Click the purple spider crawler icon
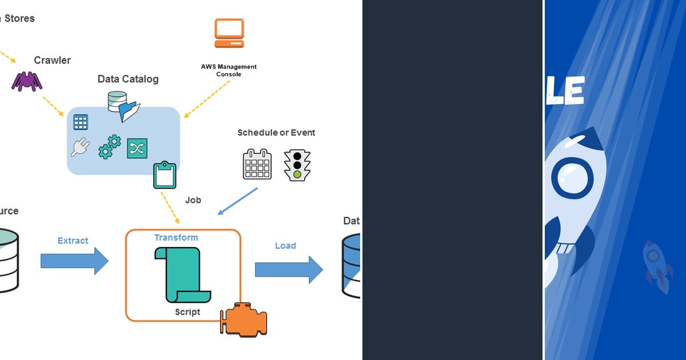[27, 81]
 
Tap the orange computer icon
[229, 33]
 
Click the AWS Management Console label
[229, 70]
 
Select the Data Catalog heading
[128, 79]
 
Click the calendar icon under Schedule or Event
[257, 164]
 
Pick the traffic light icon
[297, 166]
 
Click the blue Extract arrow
[74, 261]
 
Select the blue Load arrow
[289, 269]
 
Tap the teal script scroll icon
[180, 274]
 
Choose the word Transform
[176, 237]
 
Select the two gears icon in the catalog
[109, 146]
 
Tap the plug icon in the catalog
[79, 147]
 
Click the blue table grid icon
[81, 122]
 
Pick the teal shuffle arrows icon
[137, 149]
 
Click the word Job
[193, 200]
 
